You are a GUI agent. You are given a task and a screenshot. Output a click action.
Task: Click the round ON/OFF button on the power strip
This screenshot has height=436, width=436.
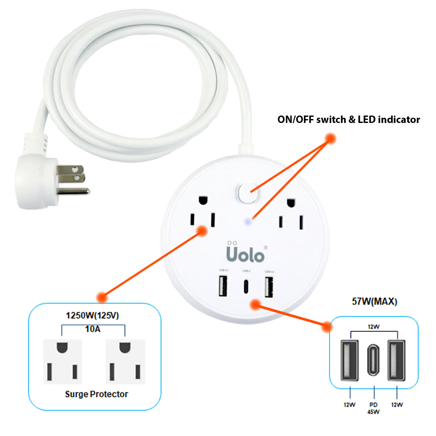[x=247, y=193]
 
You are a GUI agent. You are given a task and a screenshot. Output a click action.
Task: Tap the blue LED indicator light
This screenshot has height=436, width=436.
[x=248, y=221]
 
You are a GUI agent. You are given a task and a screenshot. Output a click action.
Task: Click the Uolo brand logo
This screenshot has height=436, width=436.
[x=245, y=253]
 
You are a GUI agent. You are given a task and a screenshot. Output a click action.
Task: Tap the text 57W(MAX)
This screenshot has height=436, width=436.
[x=374, y=301]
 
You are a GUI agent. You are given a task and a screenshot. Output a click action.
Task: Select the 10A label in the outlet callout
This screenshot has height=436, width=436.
[x=93, y=330]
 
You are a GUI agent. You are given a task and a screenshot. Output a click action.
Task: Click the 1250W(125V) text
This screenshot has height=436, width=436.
[x=93, y=315]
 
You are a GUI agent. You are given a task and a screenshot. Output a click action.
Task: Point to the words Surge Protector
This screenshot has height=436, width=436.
[x=96, y=394]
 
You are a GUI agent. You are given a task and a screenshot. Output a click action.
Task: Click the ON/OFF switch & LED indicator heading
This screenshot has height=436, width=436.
[x=349, y=119]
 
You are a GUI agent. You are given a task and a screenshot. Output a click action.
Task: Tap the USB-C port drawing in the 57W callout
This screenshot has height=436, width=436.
[x=374, y=360]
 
